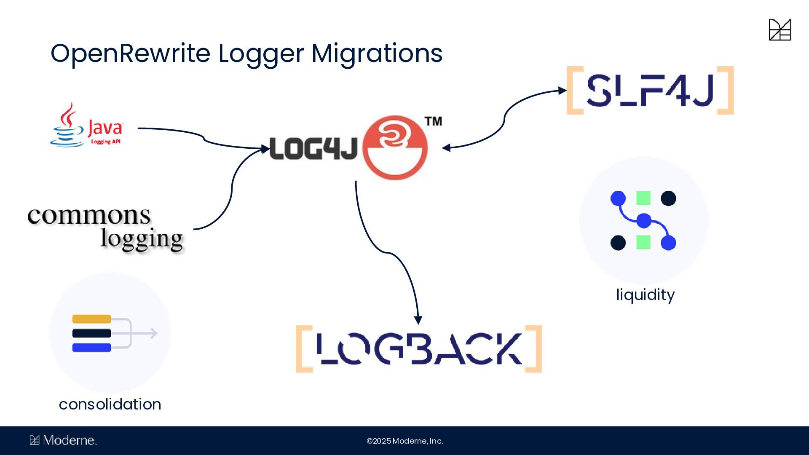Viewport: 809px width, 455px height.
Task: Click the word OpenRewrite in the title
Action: [130, 54]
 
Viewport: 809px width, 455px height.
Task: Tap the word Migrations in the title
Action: [377, 54]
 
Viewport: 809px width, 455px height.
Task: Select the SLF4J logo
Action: [650, 90]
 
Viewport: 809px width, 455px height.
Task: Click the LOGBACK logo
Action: [418, 349]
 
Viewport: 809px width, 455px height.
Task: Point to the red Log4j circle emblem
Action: [395, 148]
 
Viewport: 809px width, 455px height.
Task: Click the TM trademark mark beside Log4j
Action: [433, 121]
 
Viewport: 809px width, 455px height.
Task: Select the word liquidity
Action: [645, 294]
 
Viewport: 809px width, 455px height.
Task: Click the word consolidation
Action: [110, 404]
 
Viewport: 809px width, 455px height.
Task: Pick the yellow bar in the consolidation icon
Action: [91, 319]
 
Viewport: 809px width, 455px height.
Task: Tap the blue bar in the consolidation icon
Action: [91, 348]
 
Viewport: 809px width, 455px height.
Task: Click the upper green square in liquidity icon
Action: [643, 198]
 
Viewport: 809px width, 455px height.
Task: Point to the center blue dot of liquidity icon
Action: [644, 220]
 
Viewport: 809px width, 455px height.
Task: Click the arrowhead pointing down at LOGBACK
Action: [418, 320]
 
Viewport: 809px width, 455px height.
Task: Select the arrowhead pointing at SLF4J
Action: [563, 91]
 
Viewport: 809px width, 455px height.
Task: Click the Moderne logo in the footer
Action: [63, 440]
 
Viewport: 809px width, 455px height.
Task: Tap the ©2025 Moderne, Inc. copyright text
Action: [404, 441]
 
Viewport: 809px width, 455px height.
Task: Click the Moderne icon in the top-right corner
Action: [780, 30]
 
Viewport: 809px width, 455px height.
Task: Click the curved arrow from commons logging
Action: [231, 190]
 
